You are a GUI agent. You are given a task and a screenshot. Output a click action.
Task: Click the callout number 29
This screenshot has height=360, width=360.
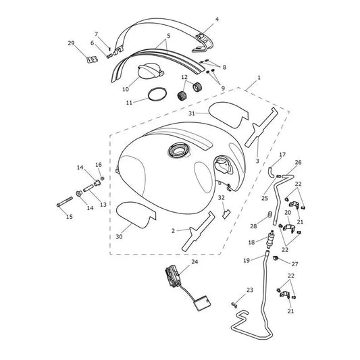click(71, 43)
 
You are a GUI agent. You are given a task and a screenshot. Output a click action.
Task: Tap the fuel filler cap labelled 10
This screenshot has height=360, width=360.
click(151, 71)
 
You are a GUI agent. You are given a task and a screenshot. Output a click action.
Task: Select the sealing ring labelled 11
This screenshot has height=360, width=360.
click(157, 94)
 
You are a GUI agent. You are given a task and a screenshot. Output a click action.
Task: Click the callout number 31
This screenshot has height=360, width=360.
click(192, 113)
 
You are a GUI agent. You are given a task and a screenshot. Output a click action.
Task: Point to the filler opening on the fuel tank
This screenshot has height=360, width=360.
click(179, 151)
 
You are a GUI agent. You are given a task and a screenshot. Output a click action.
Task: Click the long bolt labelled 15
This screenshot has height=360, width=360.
click(65, 201)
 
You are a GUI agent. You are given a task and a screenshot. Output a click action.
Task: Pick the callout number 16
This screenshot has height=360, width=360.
click(99, 165)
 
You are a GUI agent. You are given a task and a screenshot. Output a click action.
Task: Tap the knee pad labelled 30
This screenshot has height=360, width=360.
click(136, 214)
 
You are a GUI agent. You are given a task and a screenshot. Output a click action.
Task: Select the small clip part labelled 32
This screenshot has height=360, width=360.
click(226, 213)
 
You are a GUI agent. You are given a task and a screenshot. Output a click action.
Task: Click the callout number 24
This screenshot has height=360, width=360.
click(195, 262)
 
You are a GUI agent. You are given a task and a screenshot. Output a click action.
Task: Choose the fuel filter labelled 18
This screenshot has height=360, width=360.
click(271, 239)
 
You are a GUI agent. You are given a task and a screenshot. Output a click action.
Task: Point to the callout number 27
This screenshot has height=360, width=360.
click(294, 264)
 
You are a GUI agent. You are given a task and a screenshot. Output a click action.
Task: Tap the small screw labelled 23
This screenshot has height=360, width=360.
click(234, 305)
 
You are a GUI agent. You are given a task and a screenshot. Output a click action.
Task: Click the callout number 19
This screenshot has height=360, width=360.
click(247, 260)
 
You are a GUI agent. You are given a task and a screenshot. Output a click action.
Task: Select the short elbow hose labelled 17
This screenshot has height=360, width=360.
click(271, 172)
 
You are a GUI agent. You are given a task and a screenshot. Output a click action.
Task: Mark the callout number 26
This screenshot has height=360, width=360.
click(298, 162)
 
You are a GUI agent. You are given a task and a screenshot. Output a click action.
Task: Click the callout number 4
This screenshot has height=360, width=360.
click(217, 20)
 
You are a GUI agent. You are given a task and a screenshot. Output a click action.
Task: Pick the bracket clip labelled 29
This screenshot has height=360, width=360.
click(92, 59)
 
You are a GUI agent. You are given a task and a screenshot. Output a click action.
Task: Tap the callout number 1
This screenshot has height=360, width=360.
click(259, 78)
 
